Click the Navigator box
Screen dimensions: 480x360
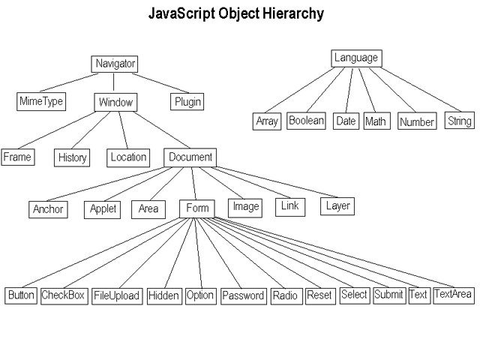115,64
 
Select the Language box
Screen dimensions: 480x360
357,58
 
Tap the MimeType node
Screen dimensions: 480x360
41,101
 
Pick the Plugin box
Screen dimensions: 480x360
187,102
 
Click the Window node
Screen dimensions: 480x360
115,102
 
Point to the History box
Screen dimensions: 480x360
72,157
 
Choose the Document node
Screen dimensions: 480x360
190,157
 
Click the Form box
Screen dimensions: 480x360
197,208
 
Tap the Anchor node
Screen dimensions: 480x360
48,209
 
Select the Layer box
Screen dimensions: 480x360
337,206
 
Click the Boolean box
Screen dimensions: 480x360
306,121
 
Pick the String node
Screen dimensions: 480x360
460,121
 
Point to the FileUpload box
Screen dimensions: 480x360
117,296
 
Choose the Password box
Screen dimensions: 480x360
243,296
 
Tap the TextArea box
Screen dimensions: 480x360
454,295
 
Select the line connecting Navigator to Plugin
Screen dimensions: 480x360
160,83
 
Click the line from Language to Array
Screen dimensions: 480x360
300,90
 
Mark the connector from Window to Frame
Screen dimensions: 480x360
57,130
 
